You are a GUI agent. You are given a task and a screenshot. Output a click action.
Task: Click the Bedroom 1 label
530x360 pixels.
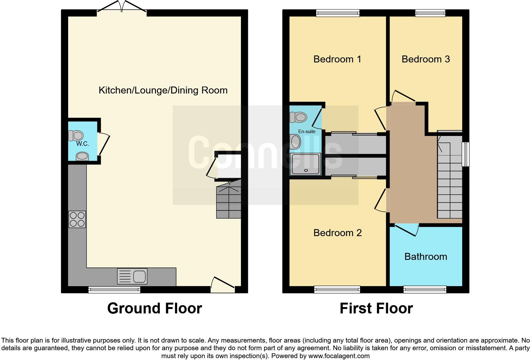tap(337, 59)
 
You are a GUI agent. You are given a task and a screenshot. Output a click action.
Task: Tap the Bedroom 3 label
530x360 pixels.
tap(425, 59)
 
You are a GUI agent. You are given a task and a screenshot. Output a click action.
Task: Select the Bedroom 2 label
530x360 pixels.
tap(337, 233)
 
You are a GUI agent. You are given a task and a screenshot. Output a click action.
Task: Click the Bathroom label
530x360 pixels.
tap(425, 256)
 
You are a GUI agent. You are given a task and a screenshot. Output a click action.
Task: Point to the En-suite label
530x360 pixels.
tap(307, 131)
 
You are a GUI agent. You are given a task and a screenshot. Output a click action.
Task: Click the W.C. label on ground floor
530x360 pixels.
tap(82, 144)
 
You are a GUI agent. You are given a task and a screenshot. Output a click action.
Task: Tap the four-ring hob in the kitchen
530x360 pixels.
tap(77, 219)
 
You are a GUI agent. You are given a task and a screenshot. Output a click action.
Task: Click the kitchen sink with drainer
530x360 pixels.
tap(132, 276)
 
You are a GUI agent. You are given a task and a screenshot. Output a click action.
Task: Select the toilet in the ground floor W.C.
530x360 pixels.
tap(76, 136)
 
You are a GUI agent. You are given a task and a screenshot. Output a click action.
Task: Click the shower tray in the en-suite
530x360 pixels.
tap(306, 164)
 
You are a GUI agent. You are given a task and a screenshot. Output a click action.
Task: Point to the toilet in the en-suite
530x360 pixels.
tap(298, 117)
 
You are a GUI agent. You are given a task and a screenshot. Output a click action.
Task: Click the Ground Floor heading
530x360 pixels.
tap(154, 308)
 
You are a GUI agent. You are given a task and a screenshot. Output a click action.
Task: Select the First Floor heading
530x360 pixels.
tap(376, 308)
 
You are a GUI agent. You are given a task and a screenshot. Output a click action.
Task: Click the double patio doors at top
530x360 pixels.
tap(122, 8)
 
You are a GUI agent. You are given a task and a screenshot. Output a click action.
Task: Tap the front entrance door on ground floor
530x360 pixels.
tap(223, 284)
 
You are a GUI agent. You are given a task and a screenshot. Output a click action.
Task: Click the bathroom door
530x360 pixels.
tap(407, 230)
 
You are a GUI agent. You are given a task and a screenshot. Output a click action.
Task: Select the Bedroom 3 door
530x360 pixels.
tap(403, 97)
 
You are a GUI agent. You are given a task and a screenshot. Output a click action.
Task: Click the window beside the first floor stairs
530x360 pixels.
tap(466, 154)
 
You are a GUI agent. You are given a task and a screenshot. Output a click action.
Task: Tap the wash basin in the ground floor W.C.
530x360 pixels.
tap(82, 156)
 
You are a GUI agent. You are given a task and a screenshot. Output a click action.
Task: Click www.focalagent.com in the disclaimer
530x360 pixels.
tap(339, 356)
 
